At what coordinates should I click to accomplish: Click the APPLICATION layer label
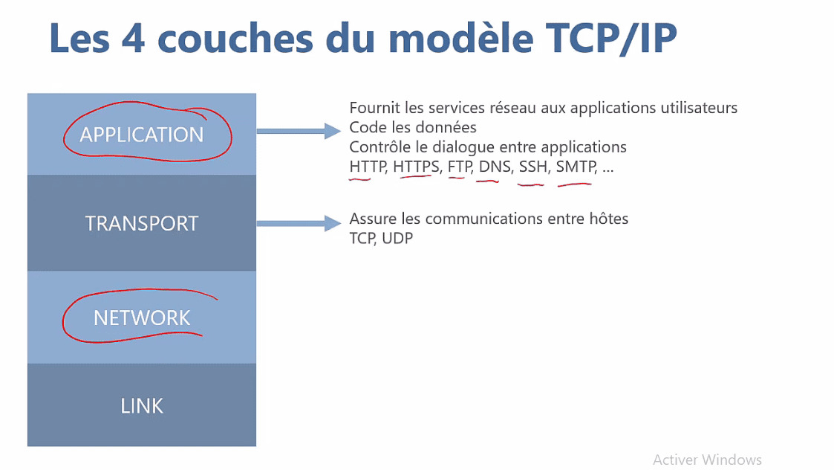coord(142,135)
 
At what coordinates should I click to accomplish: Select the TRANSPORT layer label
coord(142,223)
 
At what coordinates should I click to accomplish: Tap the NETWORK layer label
coord(142,318)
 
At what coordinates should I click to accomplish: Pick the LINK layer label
coord(142,406)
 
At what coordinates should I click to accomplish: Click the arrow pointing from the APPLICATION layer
coord(299,131)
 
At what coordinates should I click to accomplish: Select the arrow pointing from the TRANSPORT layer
coord(299,223)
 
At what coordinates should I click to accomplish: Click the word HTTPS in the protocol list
coord(417,167)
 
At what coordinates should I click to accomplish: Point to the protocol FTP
coord(460,167)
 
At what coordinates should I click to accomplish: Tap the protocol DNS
coord(495,167)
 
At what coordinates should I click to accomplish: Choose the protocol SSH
coord(533,167)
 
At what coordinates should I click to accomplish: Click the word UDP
coord(397,238)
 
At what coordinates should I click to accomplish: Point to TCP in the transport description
coord(362,238)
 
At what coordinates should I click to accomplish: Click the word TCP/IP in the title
coord(611,39)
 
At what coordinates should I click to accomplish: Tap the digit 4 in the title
coord(133,39)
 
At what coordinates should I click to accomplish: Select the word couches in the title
coord(235,39)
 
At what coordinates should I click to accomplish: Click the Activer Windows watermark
coord(707,460)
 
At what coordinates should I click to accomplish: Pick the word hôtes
coord(608,219)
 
